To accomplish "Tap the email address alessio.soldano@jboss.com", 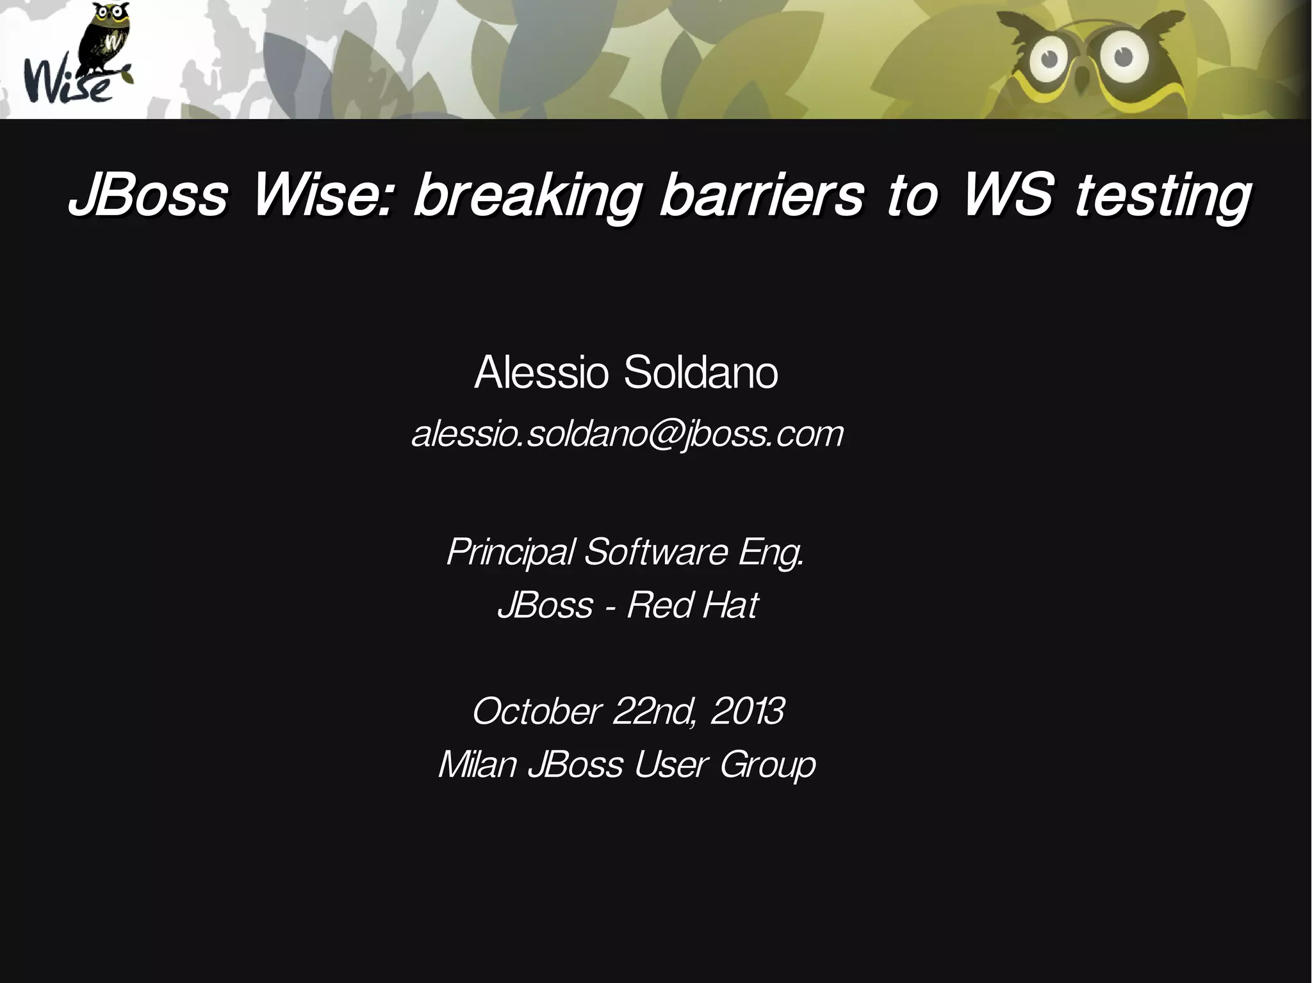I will coord(627,435).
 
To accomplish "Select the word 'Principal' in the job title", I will coord(510,551).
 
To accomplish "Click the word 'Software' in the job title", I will coord(656,551).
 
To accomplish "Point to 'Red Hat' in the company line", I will coord(692,605).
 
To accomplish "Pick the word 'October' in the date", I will coord(537,711).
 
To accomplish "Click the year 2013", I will coord(747,711).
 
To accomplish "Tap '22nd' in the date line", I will coord(653,711).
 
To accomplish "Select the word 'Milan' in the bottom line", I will coord(477,764).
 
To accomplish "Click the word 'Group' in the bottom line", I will coord(767,765).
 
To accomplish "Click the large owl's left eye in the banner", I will coord(1049,60).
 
